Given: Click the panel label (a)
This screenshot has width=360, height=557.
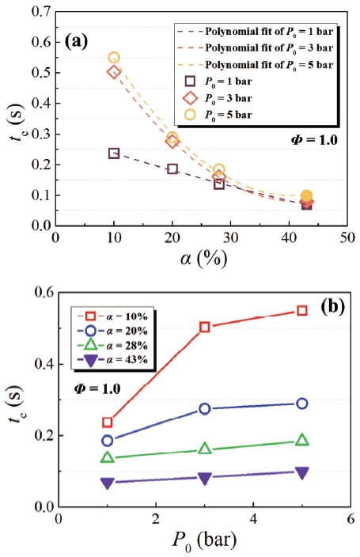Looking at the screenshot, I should click(80, 40).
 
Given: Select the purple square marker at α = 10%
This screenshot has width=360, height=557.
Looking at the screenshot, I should click(114, 153).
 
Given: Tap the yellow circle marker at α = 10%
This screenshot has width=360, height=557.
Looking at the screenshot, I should click(114, 58).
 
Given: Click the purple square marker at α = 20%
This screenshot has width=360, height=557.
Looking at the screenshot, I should click(172, 169).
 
